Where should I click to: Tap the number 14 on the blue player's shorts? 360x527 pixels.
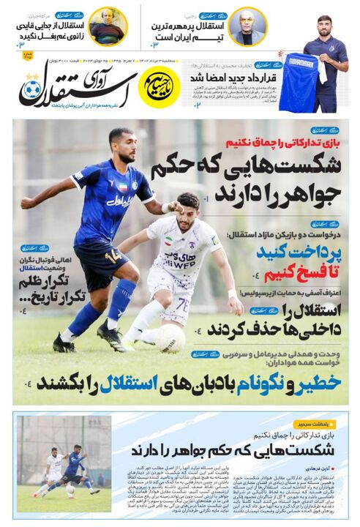coord(113,257)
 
